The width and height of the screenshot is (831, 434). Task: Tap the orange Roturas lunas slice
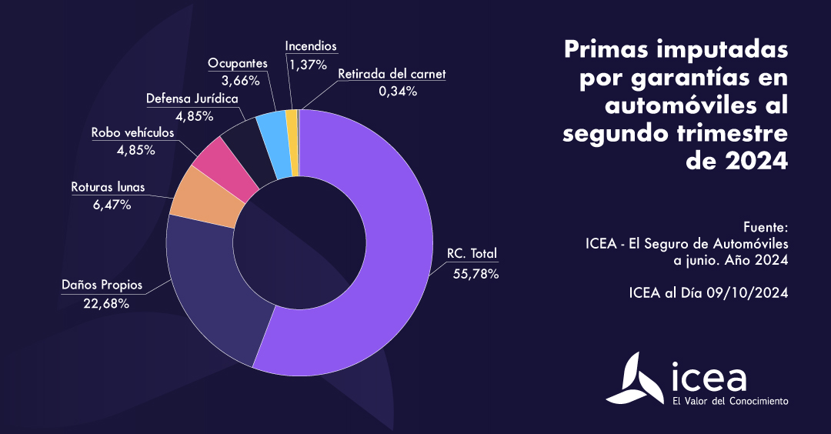click(x=202, y=198)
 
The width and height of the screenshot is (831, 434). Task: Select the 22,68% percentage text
click(x=106, y=303)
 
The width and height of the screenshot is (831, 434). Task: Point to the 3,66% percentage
click(x=239, y=80)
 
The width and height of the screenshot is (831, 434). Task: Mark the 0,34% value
click(x=397, y=92)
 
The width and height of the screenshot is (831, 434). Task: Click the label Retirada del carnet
click(x=392, y=75)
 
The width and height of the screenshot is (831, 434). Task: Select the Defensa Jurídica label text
click(x=192, y=98)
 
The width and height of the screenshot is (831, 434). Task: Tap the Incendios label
click(x=311, y=46)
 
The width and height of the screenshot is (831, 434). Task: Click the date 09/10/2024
click(x=745, y=293)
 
